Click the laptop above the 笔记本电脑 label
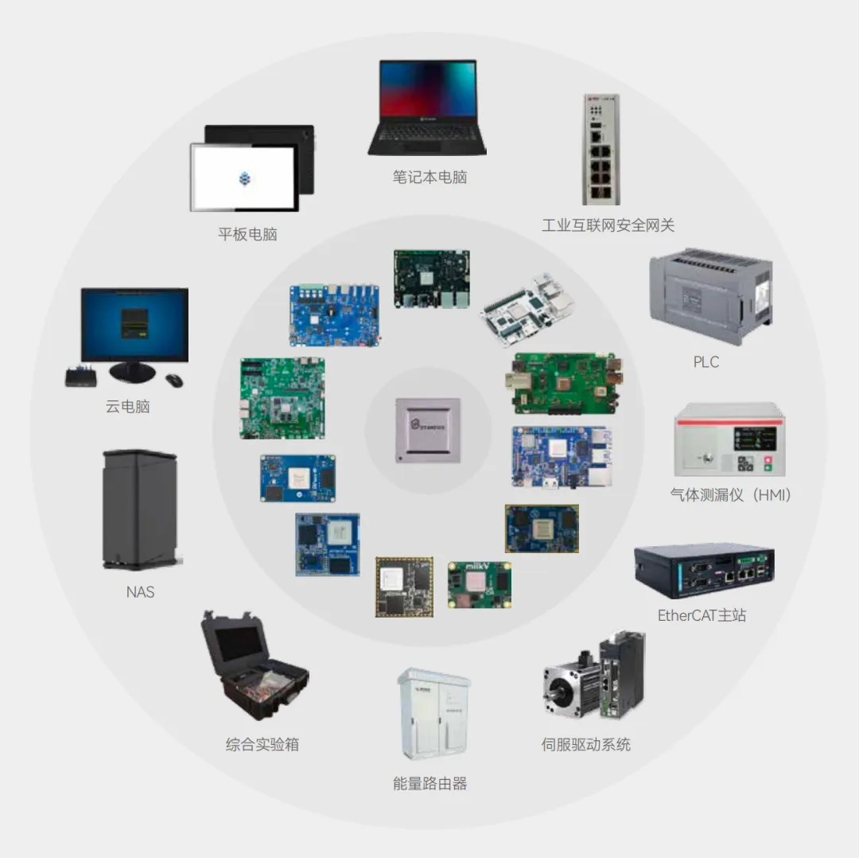tap(427, 107)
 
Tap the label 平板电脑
tap(247, 234)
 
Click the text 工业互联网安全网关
tap(608, 225)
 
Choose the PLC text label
tap(705, 362)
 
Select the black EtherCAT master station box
tap(704, 571)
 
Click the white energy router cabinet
tap(433, 715)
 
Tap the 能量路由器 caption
tap(429, 784)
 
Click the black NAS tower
tap(140, 509)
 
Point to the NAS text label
tap(140, 592)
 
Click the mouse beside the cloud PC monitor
tap(174, 380)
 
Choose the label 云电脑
tap(127, 407)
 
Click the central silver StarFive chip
tap(428, 430)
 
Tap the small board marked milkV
tap(480, 585)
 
